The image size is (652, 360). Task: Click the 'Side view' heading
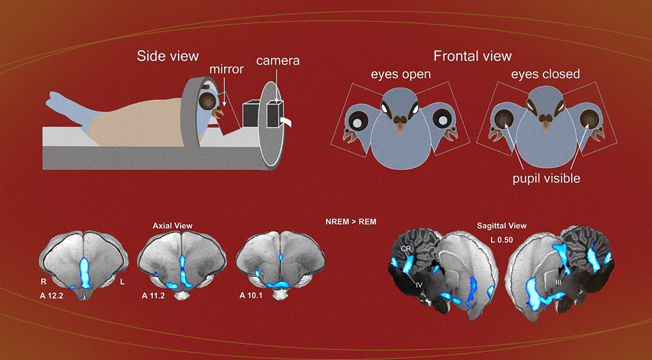coord(168,56)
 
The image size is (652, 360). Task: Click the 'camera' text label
coord(277,62)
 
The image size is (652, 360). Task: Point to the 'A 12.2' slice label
coord(54,296)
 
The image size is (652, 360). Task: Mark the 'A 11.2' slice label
coord(155,296)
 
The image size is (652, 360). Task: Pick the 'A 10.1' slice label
coord(253,296)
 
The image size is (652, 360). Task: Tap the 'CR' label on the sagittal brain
coord(405,249)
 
